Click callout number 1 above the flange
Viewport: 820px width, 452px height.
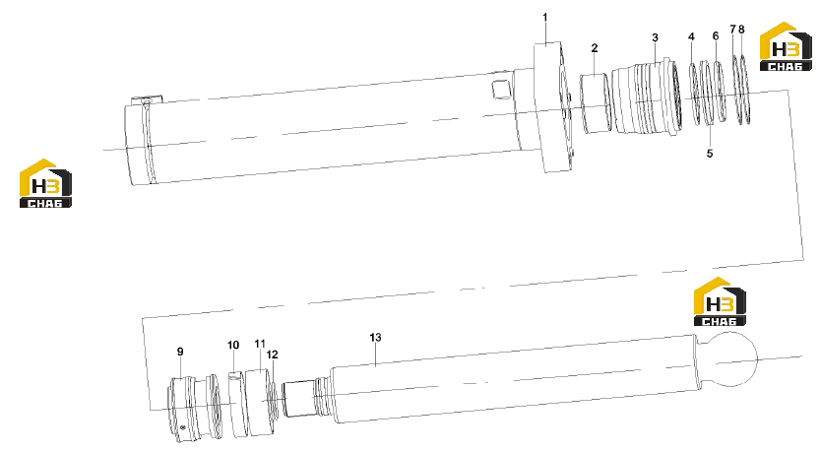[x=545, y=18]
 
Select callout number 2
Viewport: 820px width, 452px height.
[x=595, y=48]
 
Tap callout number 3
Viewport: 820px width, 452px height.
[x=655, y=37]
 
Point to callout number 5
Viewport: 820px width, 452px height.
[x=710, y=154]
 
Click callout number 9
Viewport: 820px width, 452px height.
[x=180, y=352]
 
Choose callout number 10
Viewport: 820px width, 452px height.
[x=233, y=346]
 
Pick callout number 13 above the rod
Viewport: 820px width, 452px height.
[x=375, y=338]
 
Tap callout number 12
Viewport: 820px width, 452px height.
[x=272, y=355]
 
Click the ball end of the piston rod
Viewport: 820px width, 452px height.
[x=728, y=360]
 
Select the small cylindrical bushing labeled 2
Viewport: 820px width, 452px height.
[x=596, y=103]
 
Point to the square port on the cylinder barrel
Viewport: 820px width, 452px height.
[x=501, y=89]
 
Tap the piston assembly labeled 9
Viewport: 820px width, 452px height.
[x=195, y=408]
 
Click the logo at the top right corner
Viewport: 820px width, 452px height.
[x=786, y=46]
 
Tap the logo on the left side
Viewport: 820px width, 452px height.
[x=45, y=183]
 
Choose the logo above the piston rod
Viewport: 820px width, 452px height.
[x=720, y=302]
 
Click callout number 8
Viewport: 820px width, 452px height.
[x=741, y=30]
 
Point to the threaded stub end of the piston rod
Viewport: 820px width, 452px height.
[x=299, y=399]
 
